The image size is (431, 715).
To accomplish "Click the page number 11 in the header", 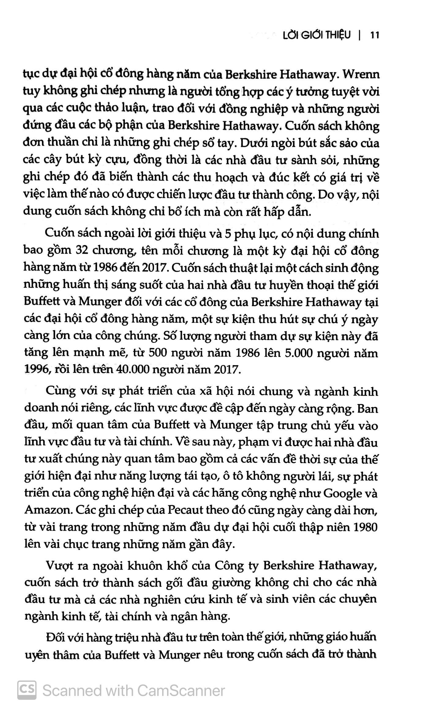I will [375, 35].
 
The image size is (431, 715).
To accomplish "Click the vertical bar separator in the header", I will [360, 35].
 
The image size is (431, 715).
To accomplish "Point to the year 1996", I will [36, 370].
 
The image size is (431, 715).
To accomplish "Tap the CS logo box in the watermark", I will [27, 690].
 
